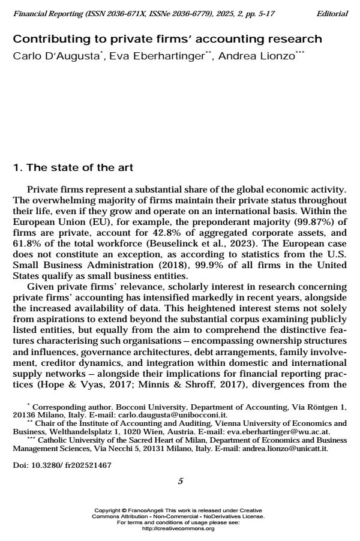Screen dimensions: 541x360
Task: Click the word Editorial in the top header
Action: [331, 14]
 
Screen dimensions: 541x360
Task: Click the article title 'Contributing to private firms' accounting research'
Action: [167, 40]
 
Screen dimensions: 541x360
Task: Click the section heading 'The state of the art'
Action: [80, 167]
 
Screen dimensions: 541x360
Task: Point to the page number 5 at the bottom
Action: [180, 481]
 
